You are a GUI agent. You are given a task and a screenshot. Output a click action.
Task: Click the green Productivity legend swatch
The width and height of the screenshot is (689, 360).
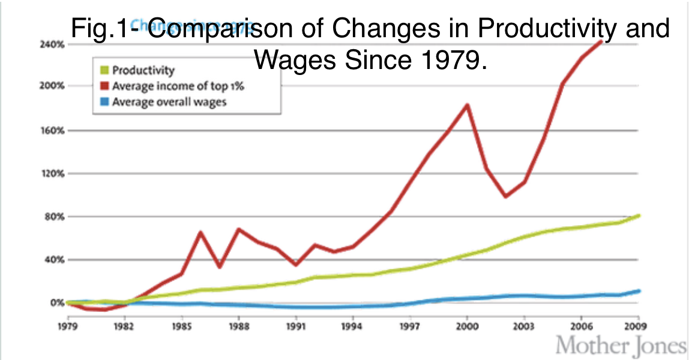[103, 71]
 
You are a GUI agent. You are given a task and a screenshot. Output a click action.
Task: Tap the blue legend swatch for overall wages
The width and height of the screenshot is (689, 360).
[103, 101]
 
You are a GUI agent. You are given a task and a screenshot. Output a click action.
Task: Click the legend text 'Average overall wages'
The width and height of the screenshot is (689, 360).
[170, 101]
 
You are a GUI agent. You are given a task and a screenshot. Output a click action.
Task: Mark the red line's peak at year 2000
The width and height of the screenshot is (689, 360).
[467, 106]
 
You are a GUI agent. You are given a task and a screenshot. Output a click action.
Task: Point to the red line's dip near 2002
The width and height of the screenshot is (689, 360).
[506, 196]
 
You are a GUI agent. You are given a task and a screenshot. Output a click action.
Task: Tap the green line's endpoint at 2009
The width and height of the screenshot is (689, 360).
[637, 215]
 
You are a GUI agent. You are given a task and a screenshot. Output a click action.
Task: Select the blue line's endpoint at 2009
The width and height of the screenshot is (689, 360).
[637, 291]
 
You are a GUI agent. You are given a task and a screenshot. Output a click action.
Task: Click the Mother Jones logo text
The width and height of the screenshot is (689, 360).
[621, 347]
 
